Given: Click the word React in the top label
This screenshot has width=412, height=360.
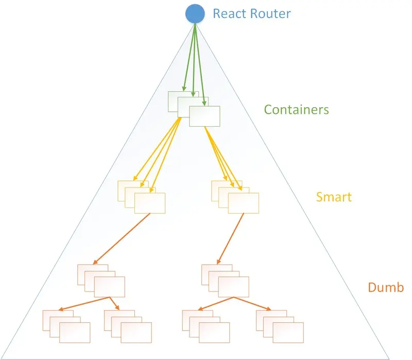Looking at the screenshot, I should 229,13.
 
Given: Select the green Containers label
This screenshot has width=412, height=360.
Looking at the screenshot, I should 296,110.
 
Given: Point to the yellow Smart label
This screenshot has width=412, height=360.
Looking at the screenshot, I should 334,197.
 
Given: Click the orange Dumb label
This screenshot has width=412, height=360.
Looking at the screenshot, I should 386,287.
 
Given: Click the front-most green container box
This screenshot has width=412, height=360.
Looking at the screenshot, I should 205,116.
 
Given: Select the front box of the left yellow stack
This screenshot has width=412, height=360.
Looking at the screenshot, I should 150,203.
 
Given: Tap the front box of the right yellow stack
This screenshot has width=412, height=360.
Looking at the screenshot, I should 244,203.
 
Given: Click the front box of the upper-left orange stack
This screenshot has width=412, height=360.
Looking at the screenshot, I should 110,287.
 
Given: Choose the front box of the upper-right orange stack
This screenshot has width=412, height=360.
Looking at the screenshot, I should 233,287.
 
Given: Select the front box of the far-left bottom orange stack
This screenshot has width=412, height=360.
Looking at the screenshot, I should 75,332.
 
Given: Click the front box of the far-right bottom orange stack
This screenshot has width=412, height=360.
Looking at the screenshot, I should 288,332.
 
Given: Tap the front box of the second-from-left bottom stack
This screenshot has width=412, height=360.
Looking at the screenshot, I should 136,332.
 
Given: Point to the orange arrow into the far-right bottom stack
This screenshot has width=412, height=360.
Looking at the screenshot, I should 253,304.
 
